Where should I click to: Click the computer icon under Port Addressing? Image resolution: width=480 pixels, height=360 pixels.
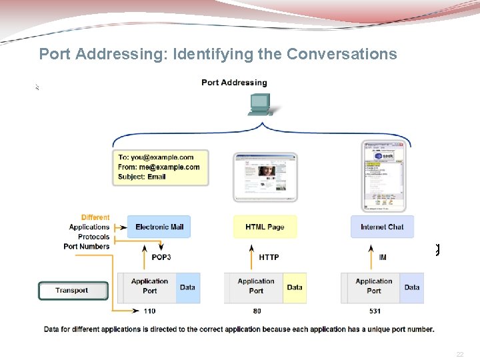(259, 104)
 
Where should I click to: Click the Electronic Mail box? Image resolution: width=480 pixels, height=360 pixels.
(159, 227)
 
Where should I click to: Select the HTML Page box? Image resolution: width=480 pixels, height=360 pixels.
(265, 227)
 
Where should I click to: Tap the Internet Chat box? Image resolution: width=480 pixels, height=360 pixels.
(382, 227)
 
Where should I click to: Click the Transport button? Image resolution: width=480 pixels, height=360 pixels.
(72, 291)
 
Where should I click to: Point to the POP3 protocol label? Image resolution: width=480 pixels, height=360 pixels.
(162, 257)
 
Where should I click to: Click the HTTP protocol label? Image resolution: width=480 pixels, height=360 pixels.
(269, 257)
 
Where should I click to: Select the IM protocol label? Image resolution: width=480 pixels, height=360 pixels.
(383, 257)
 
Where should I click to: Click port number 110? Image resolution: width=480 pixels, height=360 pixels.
(149, 311)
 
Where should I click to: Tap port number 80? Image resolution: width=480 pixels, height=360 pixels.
(257, 311)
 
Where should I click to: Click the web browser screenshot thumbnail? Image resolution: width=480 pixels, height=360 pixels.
(265, 177)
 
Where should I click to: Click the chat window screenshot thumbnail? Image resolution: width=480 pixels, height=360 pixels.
(383, 176)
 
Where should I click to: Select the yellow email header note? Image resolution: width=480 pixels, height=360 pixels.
(160, 167)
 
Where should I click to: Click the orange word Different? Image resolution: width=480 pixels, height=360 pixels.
(95, 217)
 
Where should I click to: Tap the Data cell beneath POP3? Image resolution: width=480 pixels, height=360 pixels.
(188, 287)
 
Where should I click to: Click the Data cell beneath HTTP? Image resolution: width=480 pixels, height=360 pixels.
(295, 287)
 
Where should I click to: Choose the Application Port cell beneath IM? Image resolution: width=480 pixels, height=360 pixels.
(374, 286)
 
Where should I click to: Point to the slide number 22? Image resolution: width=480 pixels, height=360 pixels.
(459, 355)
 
